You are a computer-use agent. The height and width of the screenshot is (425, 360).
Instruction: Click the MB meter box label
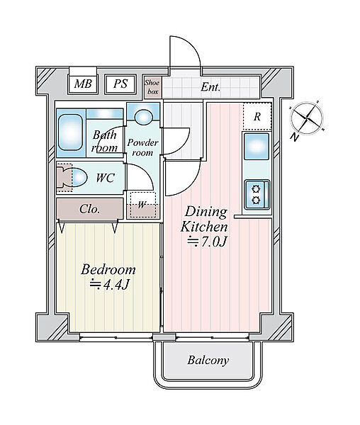[83, 84]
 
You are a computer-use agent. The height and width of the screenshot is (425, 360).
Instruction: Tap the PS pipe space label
[120, 84]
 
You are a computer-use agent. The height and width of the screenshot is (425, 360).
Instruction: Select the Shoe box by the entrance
[152, 87]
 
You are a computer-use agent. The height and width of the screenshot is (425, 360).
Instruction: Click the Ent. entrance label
[210, 87]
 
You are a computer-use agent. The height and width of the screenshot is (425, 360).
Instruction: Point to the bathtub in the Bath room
[70, 132]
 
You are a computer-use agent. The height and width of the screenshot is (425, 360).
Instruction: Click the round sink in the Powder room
[144, 117]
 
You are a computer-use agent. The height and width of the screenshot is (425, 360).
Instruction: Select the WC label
[106, 178]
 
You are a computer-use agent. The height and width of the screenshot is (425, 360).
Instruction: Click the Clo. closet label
[90, 209]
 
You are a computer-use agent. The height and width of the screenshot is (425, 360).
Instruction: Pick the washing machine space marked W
[142, 205]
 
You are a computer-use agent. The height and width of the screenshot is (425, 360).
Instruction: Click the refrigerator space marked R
[257, 117]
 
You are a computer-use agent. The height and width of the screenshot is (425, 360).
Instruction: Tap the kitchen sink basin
[257, 147]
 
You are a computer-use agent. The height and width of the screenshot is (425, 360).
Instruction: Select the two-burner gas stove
[257, 195]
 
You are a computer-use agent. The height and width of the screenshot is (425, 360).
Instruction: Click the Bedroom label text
[108, 270]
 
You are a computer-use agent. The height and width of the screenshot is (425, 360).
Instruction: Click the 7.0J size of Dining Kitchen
[208, 242]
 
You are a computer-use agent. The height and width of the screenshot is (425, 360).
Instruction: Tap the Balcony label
[208, 361]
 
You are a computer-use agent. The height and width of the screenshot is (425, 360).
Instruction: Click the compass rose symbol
[308, 118]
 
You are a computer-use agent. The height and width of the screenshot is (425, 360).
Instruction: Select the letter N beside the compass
[294, 137]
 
